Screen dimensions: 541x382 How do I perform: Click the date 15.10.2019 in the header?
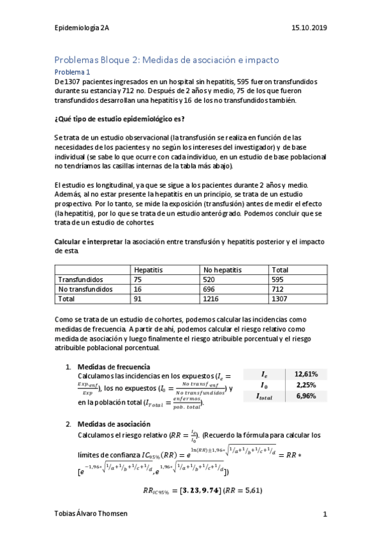tap(309, 28)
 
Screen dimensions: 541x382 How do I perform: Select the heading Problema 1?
tap(71, 73)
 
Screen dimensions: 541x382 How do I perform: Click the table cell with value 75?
tap(138, 279)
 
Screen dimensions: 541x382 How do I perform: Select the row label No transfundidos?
tap(85, 289)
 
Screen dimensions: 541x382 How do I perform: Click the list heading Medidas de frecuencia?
tap(114, 367)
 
